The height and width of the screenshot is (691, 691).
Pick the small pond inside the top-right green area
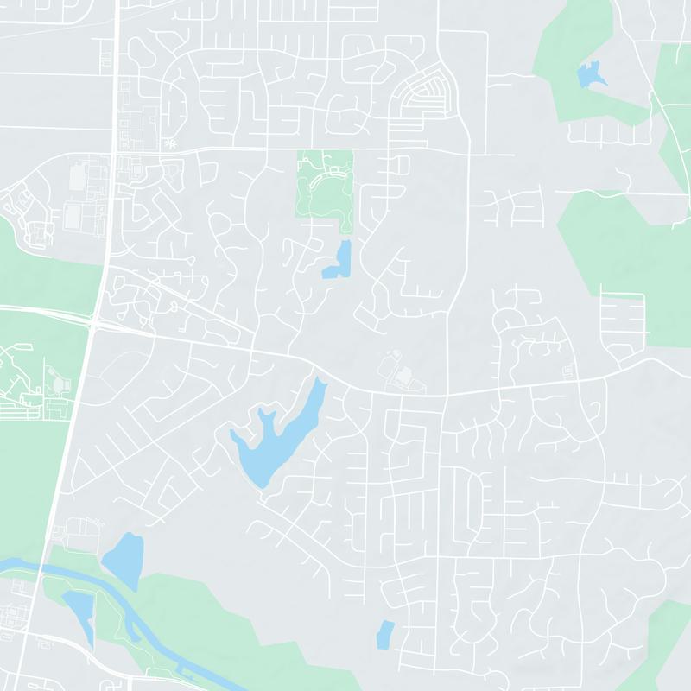tap(591, 74)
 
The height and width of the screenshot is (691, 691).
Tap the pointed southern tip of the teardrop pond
tap(135, 588)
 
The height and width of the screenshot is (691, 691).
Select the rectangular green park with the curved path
tap(325, 186)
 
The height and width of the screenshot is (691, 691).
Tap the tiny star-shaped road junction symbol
tap(172, 143)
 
